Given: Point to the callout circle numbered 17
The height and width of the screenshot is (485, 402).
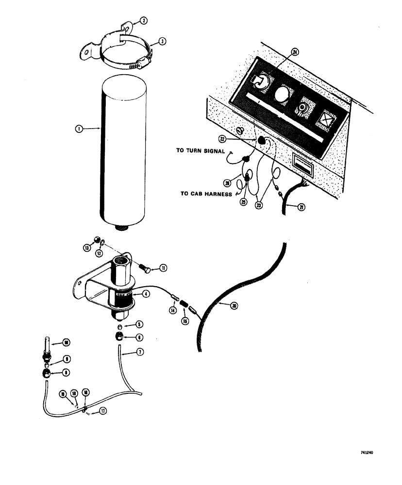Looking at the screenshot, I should (102, 411).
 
